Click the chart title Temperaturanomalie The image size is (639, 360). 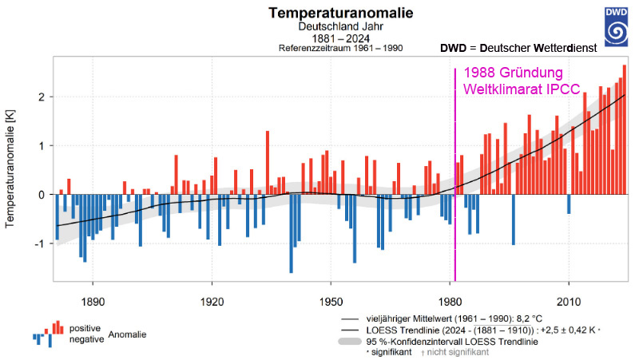pos(319,13)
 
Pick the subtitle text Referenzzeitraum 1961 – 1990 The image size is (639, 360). pos(341,48)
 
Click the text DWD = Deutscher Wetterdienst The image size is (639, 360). pos(519,49)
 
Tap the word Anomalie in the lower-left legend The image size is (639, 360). pos(128,334)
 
